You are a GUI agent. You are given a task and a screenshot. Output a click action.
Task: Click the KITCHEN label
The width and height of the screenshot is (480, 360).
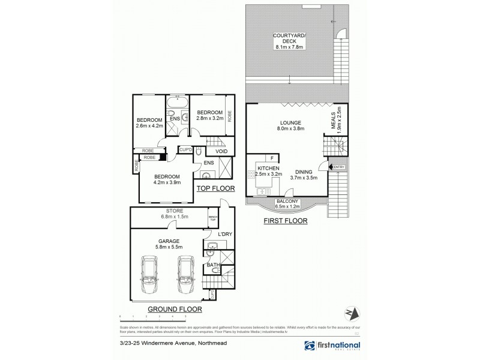pos(268,172)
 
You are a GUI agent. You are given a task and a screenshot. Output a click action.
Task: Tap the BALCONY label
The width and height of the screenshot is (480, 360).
pos(287,203)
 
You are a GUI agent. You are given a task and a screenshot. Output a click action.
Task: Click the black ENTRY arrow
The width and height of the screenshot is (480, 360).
pos(330,167)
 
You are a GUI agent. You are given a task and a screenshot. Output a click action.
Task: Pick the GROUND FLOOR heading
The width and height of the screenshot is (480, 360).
pos(175,309)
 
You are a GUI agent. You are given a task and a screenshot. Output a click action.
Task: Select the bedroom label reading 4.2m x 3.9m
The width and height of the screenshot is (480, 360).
pos(167,178)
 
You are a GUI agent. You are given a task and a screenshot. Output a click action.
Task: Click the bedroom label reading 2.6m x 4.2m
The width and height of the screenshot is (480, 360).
pos(149,122)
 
